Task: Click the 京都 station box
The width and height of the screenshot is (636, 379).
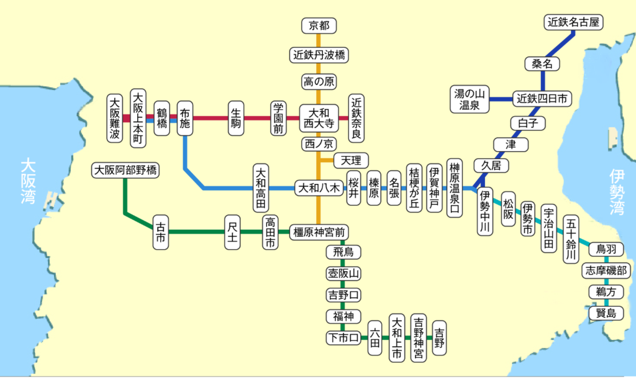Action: (x=319, y=25)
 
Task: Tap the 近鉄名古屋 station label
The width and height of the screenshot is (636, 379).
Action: (x=574, y=22)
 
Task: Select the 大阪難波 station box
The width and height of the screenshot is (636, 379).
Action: (x=114, y=118)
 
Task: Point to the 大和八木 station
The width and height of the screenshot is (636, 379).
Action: (x=319, y=187)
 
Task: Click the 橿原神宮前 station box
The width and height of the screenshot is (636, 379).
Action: (x=319, y=232)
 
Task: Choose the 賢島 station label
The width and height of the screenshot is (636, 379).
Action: (x=606, y=312)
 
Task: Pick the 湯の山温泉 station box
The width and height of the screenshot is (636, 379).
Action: (x=470, y=100)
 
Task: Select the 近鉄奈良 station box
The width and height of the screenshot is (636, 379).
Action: (x=357, y=118)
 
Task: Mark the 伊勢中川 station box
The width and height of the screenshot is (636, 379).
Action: (x=486, y=211)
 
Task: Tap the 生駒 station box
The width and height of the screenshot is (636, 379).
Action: (x=236, y=118)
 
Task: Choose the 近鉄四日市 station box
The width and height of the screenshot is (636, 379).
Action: (x=542, y=98)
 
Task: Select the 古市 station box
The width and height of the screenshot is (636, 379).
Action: (x=161, y=232)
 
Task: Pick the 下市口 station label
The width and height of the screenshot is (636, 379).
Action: (x=343, y=338)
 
